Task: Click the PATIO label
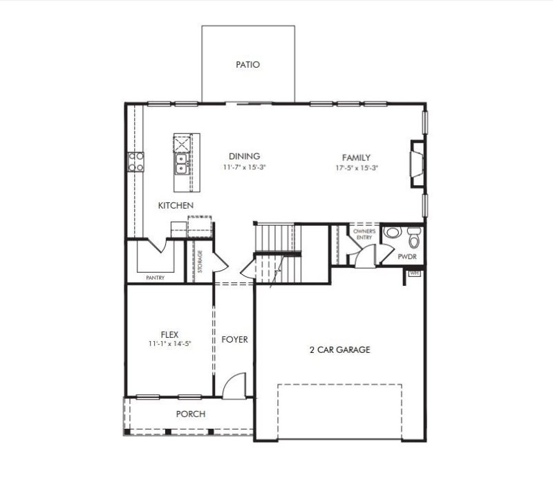pyautogui.click(x=247, y=65)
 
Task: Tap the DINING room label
pyautogui.click(x=244, y=157)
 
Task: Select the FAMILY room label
pyautogui.click(x=357, y=157)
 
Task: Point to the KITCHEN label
pyautogui.click(x=175, y=206)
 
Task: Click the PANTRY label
pyautogui.click(x=155, y=278)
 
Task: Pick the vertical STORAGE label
pyautogui.click(x=200, y=262)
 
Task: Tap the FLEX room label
pyautogui.click(x=169, y=334)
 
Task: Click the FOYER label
pyautogui.click(x=234, y=340)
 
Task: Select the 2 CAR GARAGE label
pyautogui.click(x=339, y=350)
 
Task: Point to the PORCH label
pyautogui.click(x=190, y=414)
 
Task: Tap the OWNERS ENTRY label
pyautogui.click(x=364, y=234)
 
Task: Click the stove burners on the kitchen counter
pyautogui.click(x=135, y=162)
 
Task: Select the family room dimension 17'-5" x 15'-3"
pyautogui.click(x=357, y=167)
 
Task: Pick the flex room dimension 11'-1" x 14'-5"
pyautogui.click(x=169, y=343)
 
